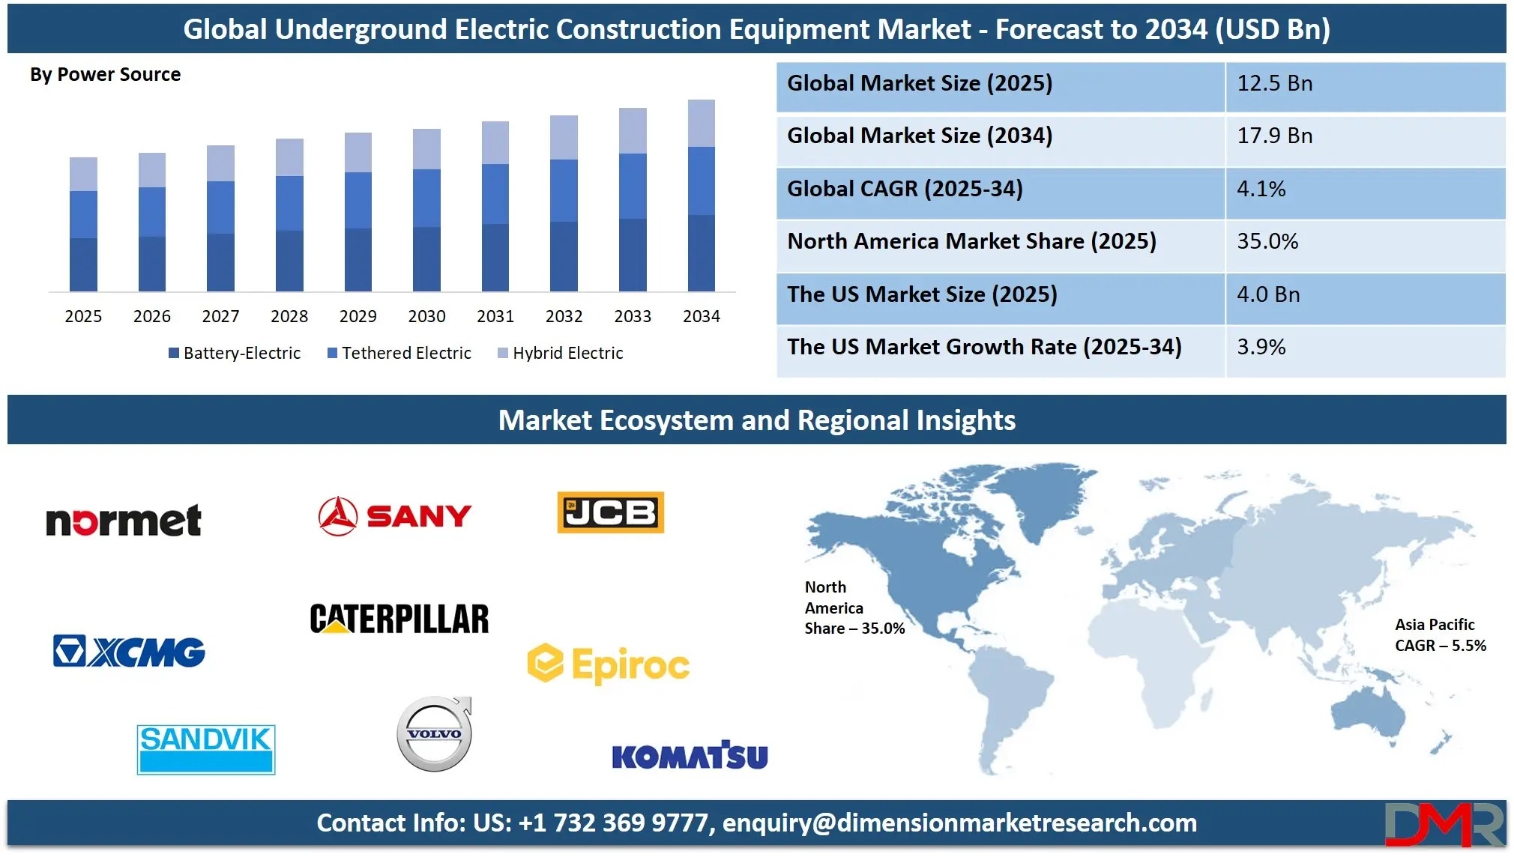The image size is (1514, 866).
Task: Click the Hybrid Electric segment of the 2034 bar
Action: coord(702,124)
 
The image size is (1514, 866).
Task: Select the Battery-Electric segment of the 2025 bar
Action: coord(83,264)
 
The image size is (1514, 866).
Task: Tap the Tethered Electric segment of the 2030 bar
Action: coord(426,199)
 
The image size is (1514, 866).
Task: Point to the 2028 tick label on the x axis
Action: coord(289,316)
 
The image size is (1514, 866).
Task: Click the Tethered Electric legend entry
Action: coord(399,353)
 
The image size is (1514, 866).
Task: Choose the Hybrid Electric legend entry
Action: coord(561,353)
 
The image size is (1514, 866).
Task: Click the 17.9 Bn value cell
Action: coord(1275,136)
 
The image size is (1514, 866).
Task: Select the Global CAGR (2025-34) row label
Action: coord(905,189)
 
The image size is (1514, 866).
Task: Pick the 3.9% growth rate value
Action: coord(1261,347)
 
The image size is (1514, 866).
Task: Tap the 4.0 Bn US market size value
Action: coord(1268,294)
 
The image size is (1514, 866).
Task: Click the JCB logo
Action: coord(611,512)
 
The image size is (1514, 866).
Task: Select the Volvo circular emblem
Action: coord(435,734)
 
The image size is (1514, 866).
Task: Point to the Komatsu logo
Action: coord(690,755)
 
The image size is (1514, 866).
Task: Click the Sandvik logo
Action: coord(206,749)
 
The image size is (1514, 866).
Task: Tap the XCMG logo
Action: coord(129,652)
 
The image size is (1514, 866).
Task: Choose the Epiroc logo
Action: coord(609,664)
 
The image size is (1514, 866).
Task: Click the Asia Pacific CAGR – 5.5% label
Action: coord(1441,635)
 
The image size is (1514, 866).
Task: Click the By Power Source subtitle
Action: coord(106,75)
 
